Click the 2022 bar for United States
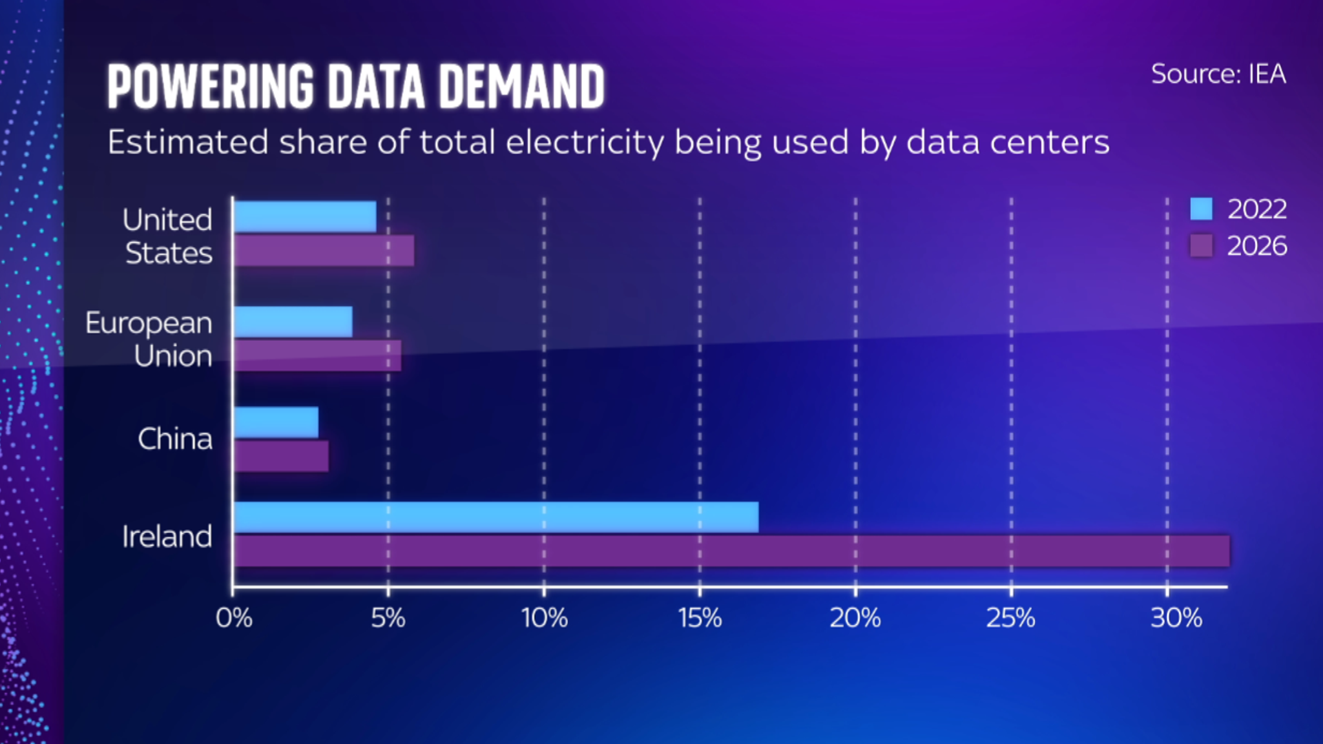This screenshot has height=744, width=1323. (x=305, y=217)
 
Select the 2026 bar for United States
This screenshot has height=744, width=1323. (x=324, y=251)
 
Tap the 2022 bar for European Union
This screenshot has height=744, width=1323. (x=293, y=322)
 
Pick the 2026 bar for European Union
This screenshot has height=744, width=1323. (x=317, y=356)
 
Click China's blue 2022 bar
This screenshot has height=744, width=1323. (x=276, y=422)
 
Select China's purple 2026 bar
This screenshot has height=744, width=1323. (x=281, y=457)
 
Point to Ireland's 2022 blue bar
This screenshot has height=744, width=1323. (x=496, y=517)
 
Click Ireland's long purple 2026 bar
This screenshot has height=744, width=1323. (x=731, y=551)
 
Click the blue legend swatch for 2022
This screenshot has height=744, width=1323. (x=1201, y=209)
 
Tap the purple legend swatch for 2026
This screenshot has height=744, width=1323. (x=1201, y=246)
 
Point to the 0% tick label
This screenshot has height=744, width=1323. (x=234, y=618)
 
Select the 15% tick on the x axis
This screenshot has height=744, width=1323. (x=700, y=618)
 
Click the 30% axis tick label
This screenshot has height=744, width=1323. (x=1176, y=618)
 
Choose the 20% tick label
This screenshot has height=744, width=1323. (x=855, y=618)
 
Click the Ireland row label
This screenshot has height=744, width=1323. (x=167, y=537)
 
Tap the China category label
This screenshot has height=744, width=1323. (x=174, y=439)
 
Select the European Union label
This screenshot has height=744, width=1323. (x=149, y=339)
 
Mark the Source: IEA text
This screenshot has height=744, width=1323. (x=1218, y=74)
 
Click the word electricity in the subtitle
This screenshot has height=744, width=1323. (x=585, y=143)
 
